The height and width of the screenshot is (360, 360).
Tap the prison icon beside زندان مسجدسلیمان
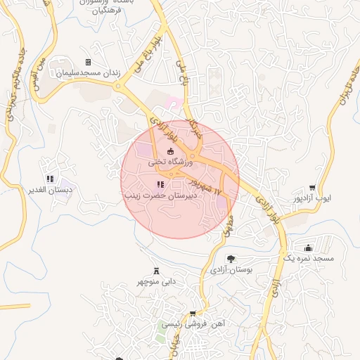tap(88, 63)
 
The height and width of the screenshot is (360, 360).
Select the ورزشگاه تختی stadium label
tap(169, 162)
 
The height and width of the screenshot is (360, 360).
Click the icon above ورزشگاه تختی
tap(169, 151)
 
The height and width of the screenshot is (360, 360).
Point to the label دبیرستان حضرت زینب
tap(160, 195)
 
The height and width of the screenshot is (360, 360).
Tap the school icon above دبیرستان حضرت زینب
tap(160, 184)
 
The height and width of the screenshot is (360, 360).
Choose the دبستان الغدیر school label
tap(50, 190)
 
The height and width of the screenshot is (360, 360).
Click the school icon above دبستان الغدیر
tap(49, 179)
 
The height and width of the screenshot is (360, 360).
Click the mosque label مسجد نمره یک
tap(307, 259)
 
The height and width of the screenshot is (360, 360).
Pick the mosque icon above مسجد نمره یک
tap(307, 248)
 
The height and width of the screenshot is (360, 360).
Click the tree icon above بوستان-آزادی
tap(231, 259)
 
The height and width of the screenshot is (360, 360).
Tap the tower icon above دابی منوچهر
tap(155, 271)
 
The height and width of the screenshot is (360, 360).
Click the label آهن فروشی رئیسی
tap(193, 324)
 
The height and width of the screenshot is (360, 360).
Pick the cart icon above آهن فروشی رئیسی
tap(193, 314)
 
